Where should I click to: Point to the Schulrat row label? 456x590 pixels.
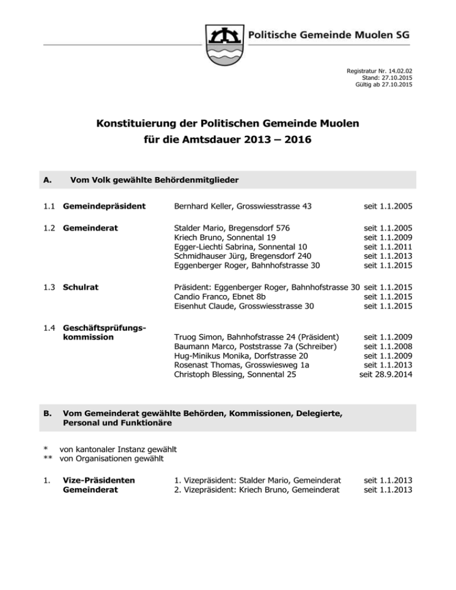coord(81,287)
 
